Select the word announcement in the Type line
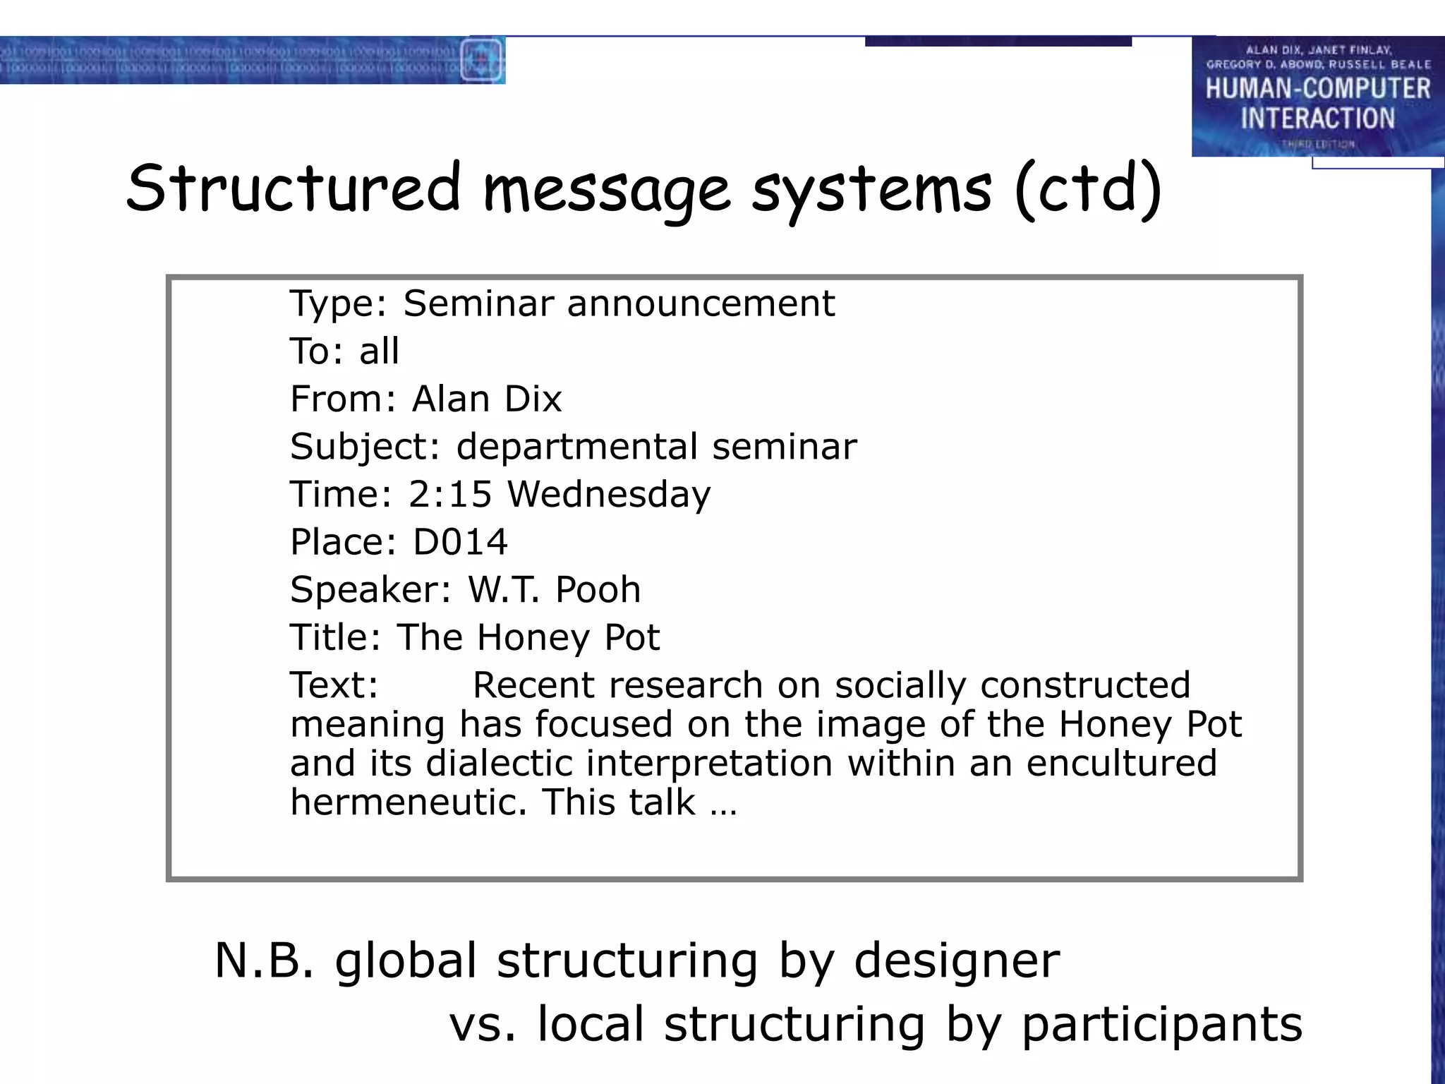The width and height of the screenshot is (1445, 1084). [x=701, y=303]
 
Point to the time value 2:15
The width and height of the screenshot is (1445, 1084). [x=449, y=493]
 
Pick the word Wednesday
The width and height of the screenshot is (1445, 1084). [x=609, y=494]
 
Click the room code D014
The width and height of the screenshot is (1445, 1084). [x=460, y=542]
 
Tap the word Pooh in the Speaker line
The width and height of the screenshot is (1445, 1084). [x=598, y=589]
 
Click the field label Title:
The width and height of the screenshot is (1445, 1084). [x=335, y=637]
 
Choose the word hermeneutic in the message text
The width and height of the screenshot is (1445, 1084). [x=409, y=802]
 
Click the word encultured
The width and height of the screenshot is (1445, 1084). [x=1121, y=763]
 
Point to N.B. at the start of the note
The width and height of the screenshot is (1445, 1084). [x=263, y=960]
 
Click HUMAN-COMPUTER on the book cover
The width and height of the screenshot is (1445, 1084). [x=1317, y=89]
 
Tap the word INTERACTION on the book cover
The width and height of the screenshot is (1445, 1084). [x=1317, y=118]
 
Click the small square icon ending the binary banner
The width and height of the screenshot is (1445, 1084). [x=482, y=61]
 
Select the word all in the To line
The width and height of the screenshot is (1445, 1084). [x=379, y=351]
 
